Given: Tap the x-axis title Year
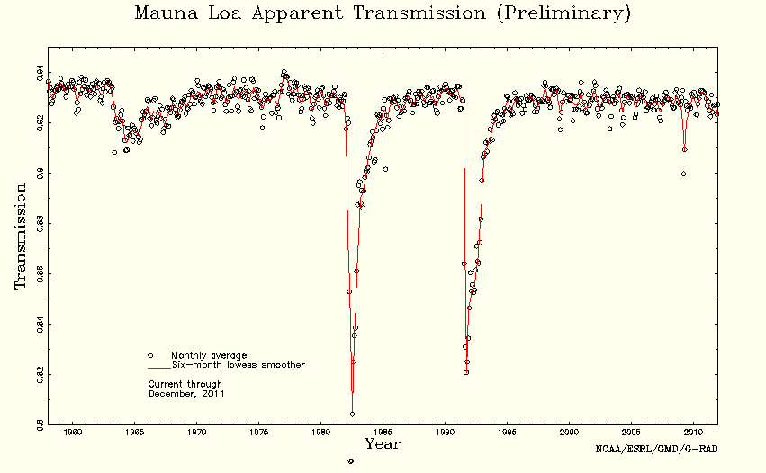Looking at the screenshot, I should click(x=383, y=443).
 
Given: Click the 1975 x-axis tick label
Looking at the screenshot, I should click(x=259, y=433).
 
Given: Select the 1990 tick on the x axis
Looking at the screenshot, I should click(x=446, y=433).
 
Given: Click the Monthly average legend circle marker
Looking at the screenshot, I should click(x=151, y=355).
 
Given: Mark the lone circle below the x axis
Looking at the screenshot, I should click(x=350, y=460).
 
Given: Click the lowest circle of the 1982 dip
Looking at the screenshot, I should click(x=352, y=415).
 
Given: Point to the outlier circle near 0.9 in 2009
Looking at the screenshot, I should click(x=683, y=174).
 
